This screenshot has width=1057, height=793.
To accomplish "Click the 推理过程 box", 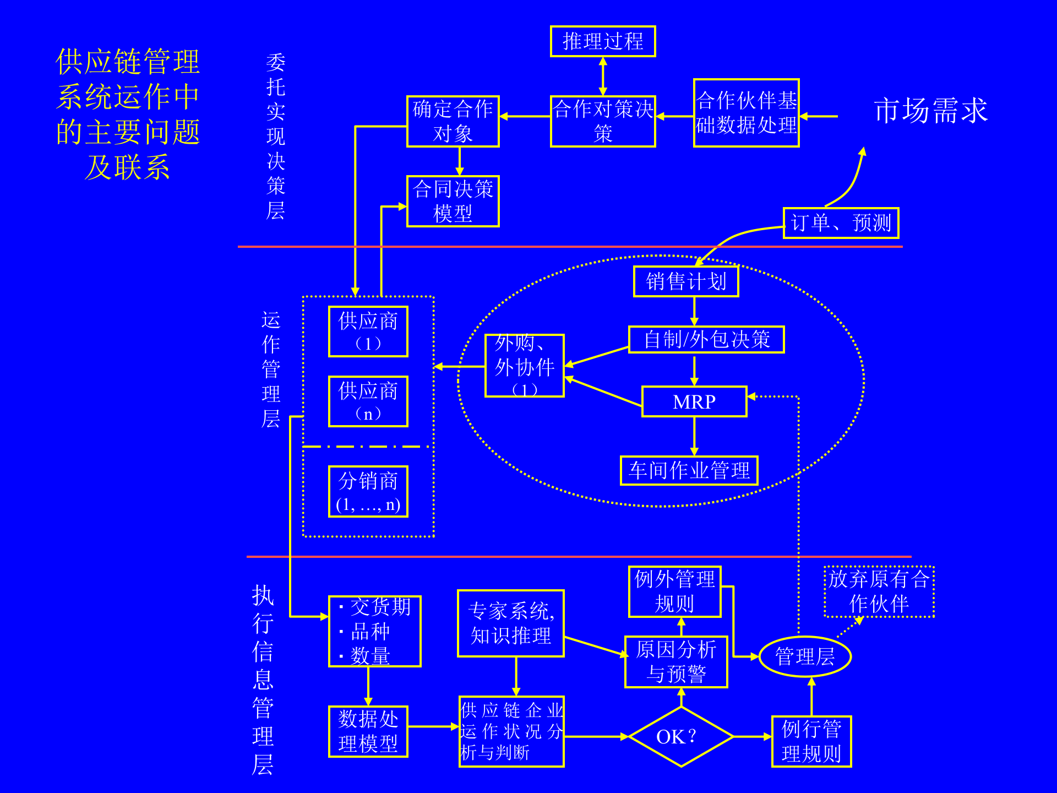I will click(603, 41).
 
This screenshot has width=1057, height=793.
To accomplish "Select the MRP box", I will click(694, 402).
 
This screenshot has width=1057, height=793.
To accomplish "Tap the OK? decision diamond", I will click(681, 736).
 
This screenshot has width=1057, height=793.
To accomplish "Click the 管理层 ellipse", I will click(805, 656).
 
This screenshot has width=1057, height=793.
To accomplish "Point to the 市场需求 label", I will click(930, 111).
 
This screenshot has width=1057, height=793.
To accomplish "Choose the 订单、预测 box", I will click(841, 223).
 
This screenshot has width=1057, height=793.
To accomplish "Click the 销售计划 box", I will click(686, 281).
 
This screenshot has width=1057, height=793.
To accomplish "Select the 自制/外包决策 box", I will click(706, 339).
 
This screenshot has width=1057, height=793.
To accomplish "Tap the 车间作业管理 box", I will click(689, 471).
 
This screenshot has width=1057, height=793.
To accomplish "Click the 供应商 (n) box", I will click(368, 401).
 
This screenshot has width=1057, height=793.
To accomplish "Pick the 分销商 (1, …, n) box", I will click(368, 492).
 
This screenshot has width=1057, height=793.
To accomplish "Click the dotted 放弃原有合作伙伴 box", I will click(879, 591).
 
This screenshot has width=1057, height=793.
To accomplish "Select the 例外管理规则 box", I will click(674, 591).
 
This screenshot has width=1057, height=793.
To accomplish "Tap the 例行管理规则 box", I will click(811, 741).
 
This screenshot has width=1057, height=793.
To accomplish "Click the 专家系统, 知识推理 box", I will click(510, 623).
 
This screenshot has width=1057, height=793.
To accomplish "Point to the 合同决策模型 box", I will click(453, 202).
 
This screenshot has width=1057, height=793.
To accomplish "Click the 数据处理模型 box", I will click(368, 731).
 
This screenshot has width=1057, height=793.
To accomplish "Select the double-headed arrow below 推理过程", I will click(603, 76).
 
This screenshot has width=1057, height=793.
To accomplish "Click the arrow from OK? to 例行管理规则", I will click(752, 736).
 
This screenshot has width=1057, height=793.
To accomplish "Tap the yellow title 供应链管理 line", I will click(128, 61).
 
